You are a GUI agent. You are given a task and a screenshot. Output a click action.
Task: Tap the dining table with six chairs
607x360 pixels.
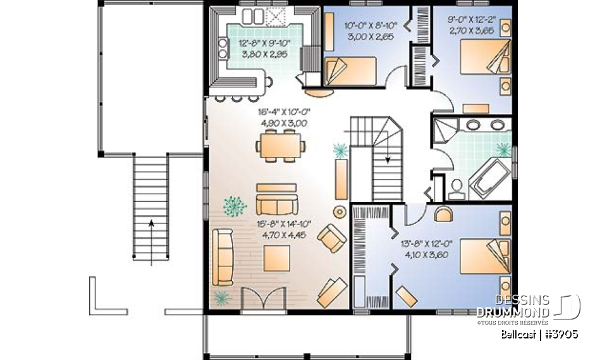click(281, 146)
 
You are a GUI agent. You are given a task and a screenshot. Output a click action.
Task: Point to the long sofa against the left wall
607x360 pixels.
click(223, 256)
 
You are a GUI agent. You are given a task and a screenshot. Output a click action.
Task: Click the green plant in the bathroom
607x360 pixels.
click(503, 150)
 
